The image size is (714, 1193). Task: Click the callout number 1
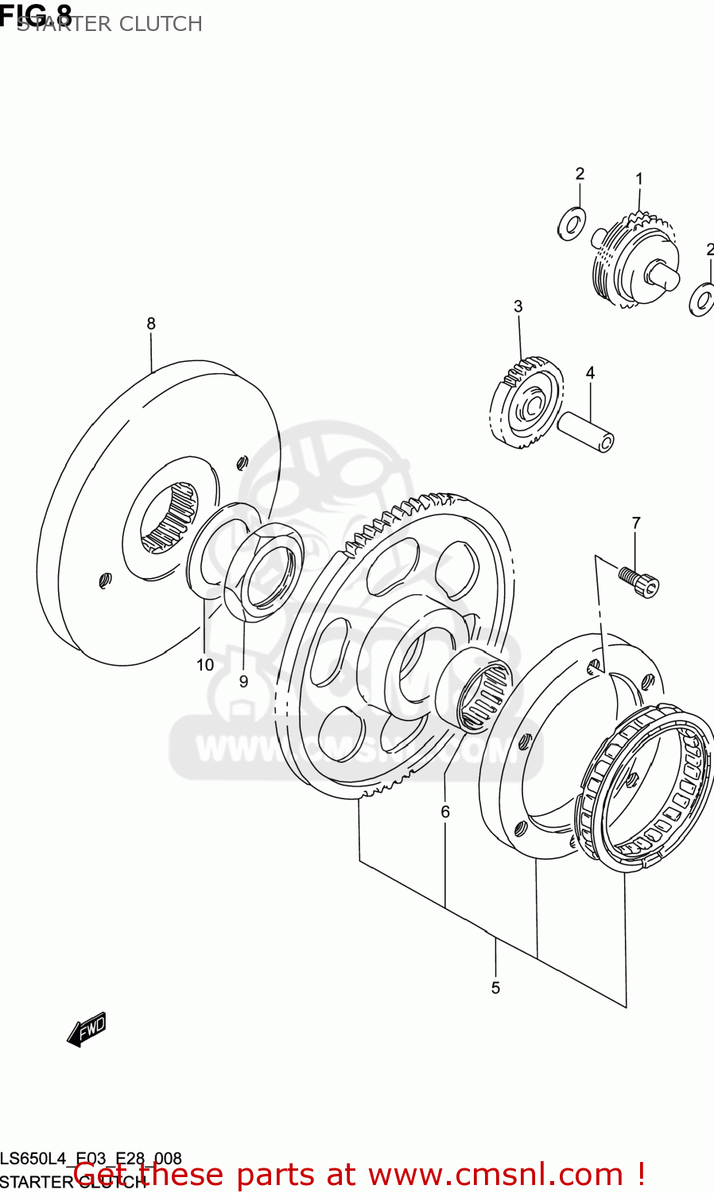point(638,180)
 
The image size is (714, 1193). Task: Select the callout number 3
point(518,306)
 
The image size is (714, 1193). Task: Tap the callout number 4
point(590,372)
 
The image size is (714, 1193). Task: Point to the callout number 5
point(495,988)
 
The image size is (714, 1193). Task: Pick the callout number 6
point(445,811)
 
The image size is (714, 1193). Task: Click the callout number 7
point(636,523)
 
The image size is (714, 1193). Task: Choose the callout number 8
point(151,324)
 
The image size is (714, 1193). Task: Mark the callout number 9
point(243,682)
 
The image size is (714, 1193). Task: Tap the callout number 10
point(205,665)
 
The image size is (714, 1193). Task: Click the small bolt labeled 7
point(640,581)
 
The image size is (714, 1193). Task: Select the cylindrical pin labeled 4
point(586,431)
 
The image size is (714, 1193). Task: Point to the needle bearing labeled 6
point(475,688)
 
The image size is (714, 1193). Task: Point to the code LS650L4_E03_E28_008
point(91,1159)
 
